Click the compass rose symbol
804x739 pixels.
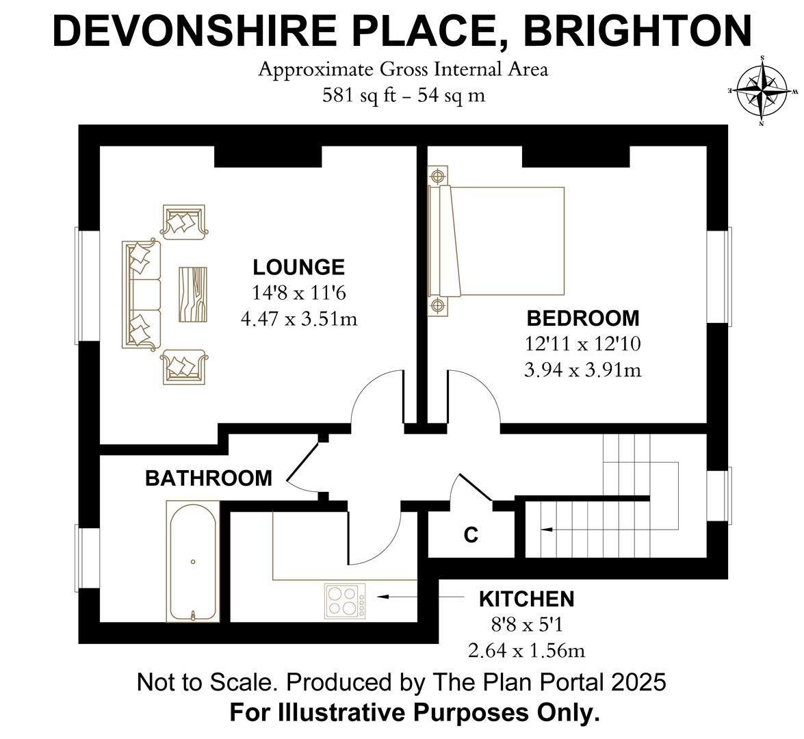(x=762, y=91)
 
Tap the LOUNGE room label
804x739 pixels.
(x=299, y=267)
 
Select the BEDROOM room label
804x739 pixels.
(x=583, y=318)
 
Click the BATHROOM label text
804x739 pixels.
(x=209, y=478)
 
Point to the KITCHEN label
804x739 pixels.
(x=527, y=599)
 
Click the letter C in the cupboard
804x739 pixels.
(x=471, y=535)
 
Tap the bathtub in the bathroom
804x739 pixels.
(x=194, y=562)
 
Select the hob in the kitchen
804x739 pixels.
(x=346, y=601)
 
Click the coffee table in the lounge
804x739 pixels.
(x=193, y=294)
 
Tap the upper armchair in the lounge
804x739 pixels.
(x=183, y=222)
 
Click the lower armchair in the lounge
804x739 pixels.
(x=183, y=367)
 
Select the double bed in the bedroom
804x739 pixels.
(x=496, y=241)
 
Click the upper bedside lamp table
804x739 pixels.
(x=437, y=176)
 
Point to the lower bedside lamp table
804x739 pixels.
(x=437, y=306)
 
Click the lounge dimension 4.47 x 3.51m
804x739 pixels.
(x=299, y=319)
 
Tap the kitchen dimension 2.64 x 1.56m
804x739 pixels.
(x=527, y=650)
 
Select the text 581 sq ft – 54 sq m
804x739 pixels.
(x=404, y=95)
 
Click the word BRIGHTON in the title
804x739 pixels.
(x=637, y=31)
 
